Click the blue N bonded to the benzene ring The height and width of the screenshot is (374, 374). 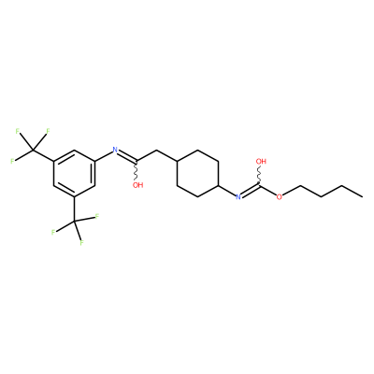(115, 150)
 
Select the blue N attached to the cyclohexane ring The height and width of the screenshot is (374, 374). (238, 196)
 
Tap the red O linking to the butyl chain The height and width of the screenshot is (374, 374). (279, 196)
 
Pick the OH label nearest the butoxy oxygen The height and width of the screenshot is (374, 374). (261, 162)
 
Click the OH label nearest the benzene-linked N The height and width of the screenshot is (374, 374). (137, 185)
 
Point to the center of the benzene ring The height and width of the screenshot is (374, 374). (74, 173)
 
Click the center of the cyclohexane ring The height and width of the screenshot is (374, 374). (197, 173)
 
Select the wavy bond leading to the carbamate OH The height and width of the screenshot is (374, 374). (259, 175)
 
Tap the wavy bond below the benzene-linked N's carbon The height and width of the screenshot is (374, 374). (136, 170)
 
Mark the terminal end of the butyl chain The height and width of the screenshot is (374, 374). (362, 196)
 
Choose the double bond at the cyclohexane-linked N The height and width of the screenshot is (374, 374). (251, 191)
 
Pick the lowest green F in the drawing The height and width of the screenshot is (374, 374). (81, 242)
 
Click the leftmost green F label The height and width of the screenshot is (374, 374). (12, 161)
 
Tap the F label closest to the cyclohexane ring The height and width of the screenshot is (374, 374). (97, 216)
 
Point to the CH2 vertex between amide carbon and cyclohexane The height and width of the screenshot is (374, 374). (156, 151)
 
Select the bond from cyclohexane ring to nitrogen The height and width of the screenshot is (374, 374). (227, 191)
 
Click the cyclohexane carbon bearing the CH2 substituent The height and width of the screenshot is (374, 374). (177, 162)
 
